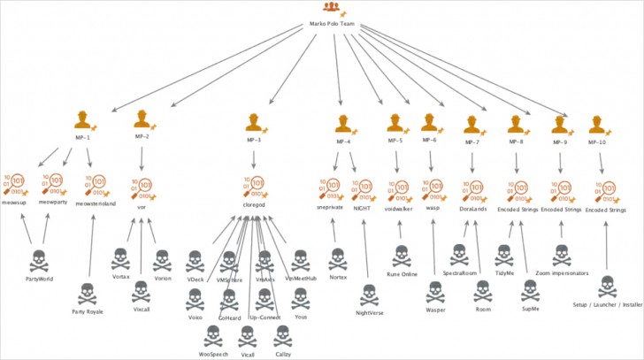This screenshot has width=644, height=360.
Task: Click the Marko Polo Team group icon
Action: (x=330, y=8)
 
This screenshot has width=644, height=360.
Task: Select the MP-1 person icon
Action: (x=85, y=119)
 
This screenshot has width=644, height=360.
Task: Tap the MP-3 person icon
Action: (x=254, y=121)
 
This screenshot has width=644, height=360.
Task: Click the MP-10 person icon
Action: (x=601, y=122)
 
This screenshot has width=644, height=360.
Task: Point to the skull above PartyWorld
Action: (x=37, y=262)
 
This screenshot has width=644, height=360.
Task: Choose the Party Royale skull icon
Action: (x=85, y=293)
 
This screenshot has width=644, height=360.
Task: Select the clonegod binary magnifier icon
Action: (x=254, y=186)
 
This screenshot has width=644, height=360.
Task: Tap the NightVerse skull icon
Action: (x=371, y=294)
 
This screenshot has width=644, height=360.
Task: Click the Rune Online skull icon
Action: (x=401, y=256)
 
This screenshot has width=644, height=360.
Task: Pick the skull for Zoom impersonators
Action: (x=562, y=256)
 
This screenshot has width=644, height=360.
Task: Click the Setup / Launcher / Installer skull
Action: (x=607, y=287)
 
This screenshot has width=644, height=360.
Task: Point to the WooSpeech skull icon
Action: (x=213, y=337)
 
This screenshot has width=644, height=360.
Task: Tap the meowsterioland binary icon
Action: (x=94, y=187)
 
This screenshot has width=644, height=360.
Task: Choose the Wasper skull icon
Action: (x=435, y=293)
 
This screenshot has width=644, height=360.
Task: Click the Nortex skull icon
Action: (x=337, y=258)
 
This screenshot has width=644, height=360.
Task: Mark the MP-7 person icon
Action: (x=472, y=122)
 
